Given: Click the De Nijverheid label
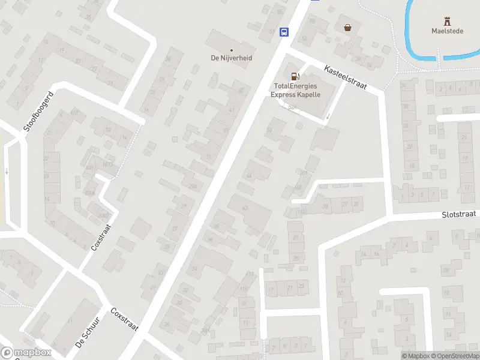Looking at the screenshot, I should [232, 58].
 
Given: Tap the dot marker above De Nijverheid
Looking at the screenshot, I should [232, 49].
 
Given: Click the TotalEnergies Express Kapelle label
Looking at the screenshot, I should [295, 91].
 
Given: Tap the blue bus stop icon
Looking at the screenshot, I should [284, 32].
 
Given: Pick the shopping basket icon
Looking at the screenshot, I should [347, 27].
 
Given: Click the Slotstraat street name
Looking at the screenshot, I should [458, 214].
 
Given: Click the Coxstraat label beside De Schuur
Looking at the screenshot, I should [125, 320].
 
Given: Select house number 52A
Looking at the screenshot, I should [292, 107].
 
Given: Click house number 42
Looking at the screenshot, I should [244, 208].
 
